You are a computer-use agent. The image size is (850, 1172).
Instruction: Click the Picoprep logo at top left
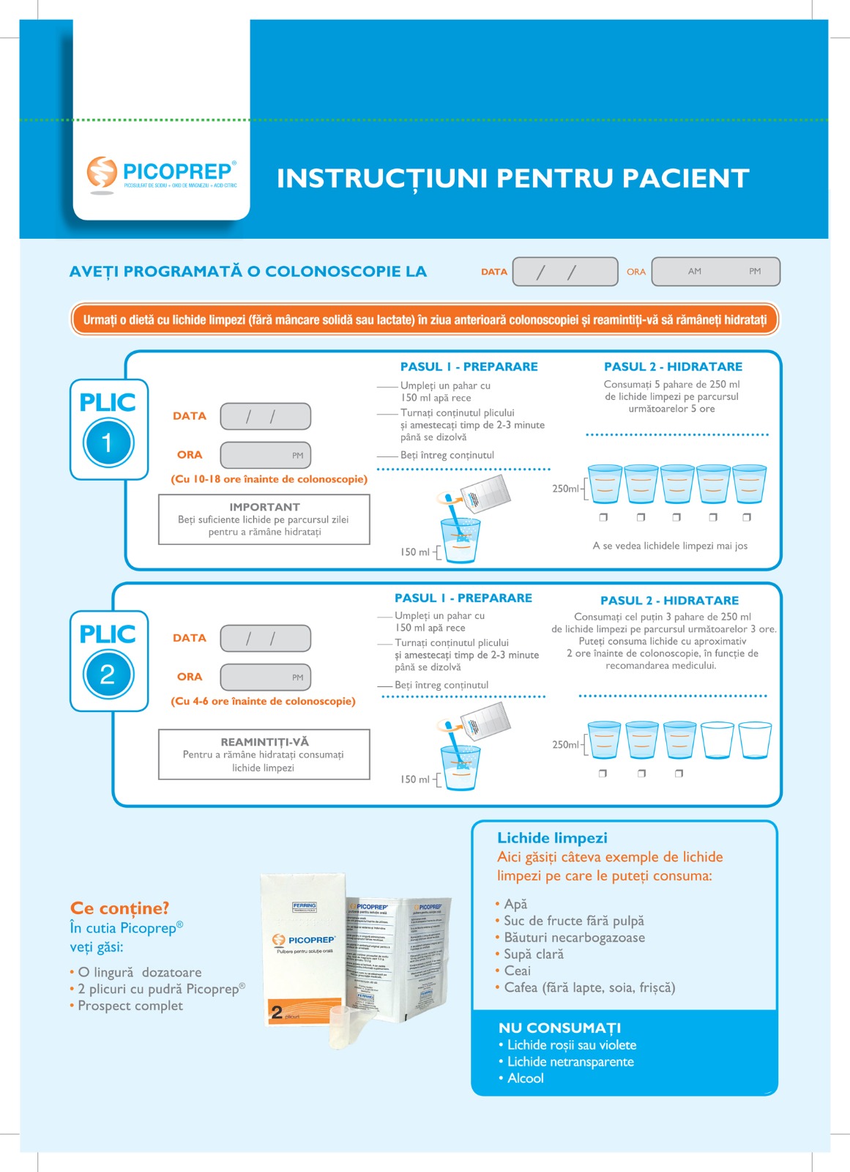click(162, 174)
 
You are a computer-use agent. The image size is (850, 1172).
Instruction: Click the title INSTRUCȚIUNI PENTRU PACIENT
click(512, 178)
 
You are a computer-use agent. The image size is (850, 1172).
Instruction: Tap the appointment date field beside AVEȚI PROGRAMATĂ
click(564, 272)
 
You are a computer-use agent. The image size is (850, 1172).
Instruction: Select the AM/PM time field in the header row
click(715, 272)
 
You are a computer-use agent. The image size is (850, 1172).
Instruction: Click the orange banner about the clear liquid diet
click(425, 320)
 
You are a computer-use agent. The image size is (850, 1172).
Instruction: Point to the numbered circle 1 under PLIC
click(108, 442)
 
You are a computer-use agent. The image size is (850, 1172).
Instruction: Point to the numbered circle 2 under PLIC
click(108, 674)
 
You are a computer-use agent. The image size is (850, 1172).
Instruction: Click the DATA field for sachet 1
click(265, 416)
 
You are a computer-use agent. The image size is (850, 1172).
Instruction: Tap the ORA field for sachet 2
click(265, 677)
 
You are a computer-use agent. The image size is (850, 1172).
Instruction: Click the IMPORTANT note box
click(264, 519)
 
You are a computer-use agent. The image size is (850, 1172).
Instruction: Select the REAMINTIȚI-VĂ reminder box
click(264, 754)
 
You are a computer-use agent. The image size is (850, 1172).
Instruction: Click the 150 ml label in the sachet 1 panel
click(414, 552)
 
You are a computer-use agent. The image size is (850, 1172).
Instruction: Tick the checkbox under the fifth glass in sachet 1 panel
click(747, 517)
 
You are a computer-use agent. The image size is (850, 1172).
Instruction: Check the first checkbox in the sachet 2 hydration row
click(603, 774)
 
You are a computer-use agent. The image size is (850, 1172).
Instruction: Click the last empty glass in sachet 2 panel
click(755, 741)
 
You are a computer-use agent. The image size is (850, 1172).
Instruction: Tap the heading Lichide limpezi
click(552, 838)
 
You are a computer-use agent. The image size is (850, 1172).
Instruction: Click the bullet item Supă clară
click(534, 954)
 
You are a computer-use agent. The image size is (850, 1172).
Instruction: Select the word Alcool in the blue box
click(526, 1078)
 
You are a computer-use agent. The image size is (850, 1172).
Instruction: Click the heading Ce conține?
click(119, 908)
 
